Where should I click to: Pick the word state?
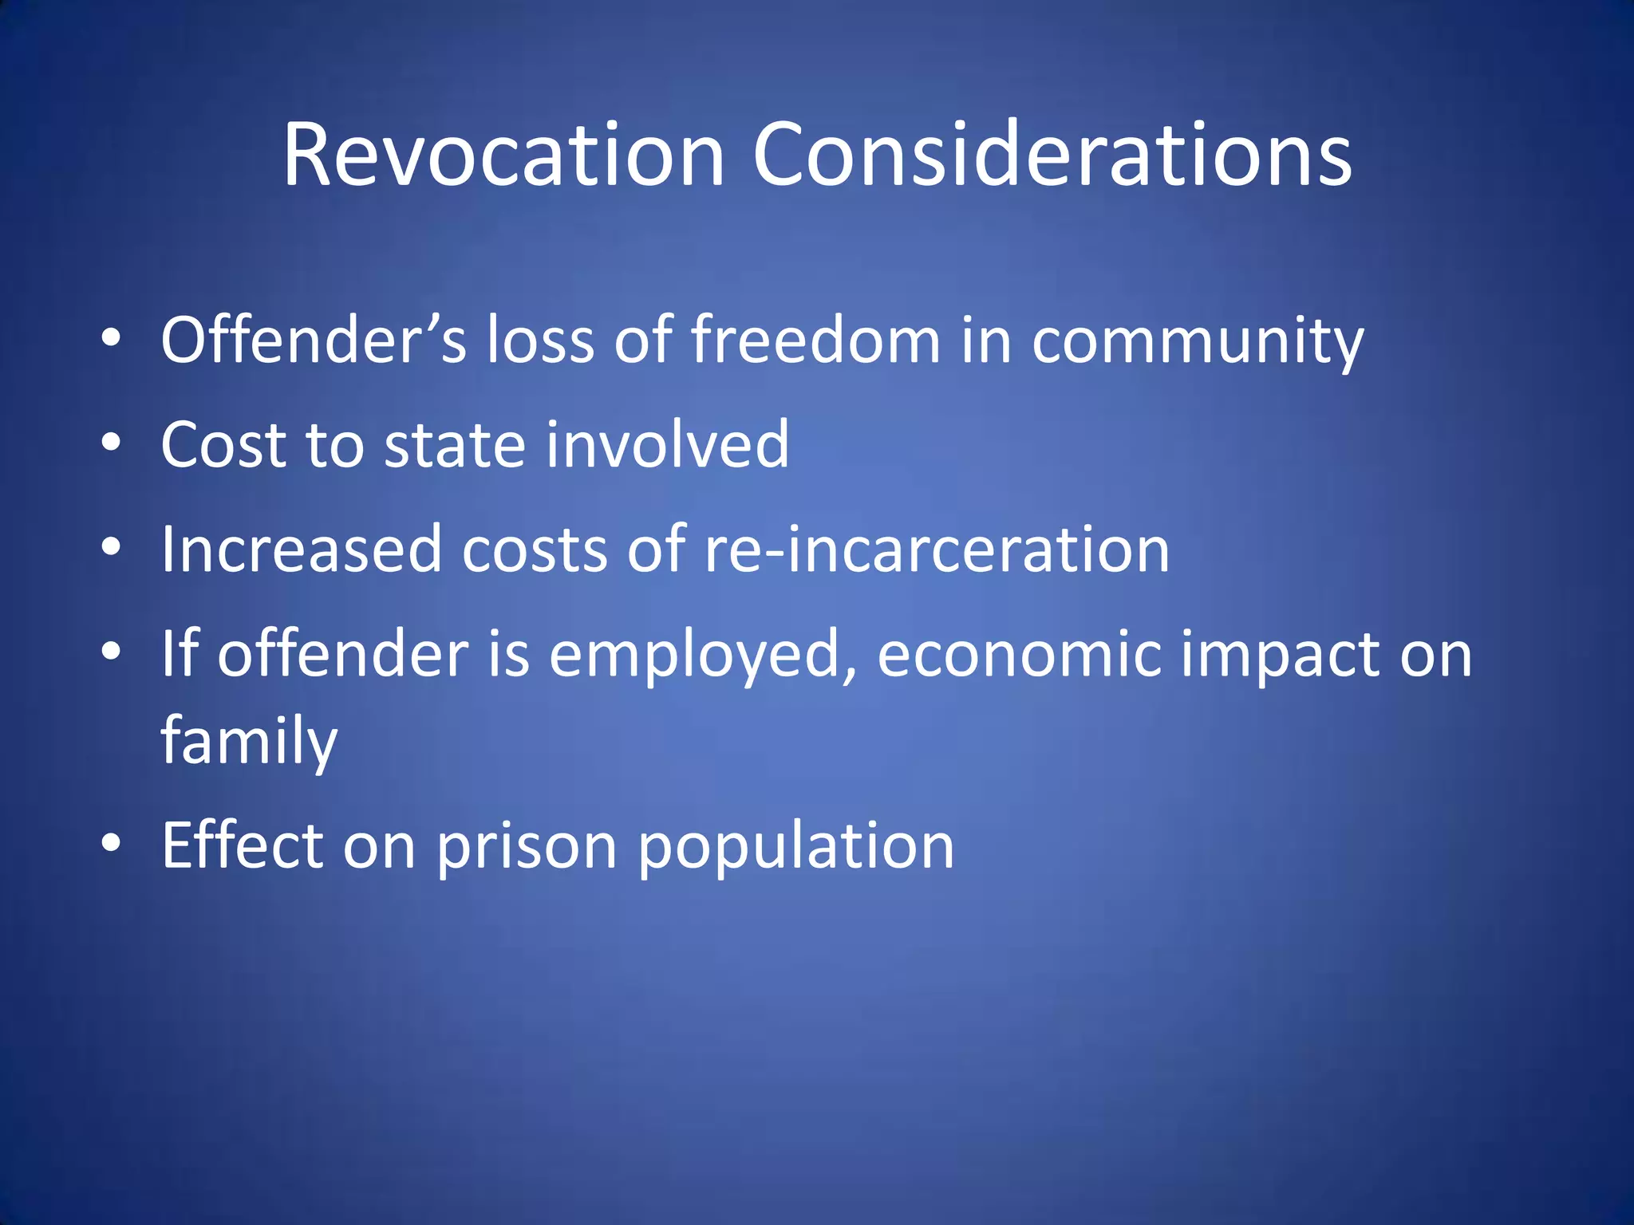pos(455,445)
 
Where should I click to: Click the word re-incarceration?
pos(937,549)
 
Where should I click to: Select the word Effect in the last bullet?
pos(243,845)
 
